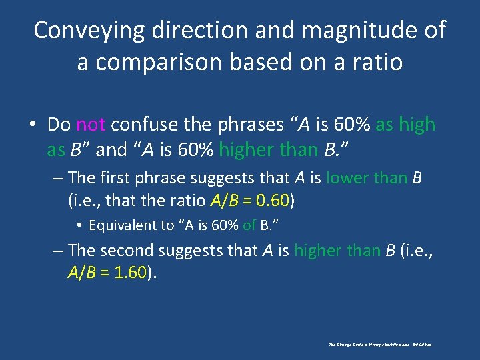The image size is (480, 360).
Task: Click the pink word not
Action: (x=91, y=125)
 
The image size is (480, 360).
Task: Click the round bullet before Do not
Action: (x=33, y=125)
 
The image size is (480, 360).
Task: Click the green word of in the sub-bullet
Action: (x=249, y=225)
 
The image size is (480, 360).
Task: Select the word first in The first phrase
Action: (x=115, y=179)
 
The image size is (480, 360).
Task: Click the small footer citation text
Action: (x=380, y=345)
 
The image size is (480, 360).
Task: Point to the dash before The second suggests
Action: (x=58, y=251)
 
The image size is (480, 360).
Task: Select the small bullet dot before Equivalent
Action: (x=81, y=225)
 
